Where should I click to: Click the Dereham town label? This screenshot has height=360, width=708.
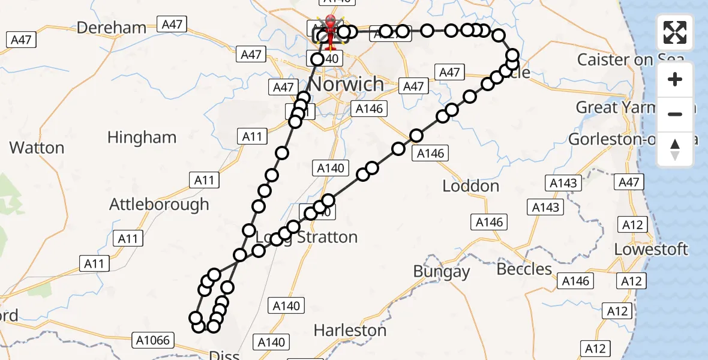pyautogui.click(x=112, y=28)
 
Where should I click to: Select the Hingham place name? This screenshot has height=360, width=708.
pyautogui.click(x=142, y=137)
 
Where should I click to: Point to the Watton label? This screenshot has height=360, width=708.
pyautogui.click(x=37, y=148)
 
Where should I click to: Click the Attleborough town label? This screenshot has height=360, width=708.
pyautogui.click(x=159, y=204)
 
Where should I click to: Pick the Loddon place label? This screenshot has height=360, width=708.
pyautogui.click(x=470, y=186)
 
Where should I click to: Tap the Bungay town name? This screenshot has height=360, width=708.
pyautogui.click(x=442, y=272)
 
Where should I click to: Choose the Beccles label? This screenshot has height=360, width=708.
pyautogui.click(x=524, y=269)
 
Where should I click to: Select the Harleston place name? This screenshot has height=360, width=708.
pyautogui.click(x=350, y=330)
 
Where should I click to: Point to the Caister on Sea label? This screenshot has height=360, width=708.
pyautogui.click(x=630, y=59)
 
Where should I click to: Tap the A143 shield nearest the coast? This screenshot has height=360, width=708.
pyautogui.click(x=563, y=183)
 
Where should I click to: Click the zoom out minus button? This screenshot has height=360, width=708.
pyautogui.click(x=675, y=114)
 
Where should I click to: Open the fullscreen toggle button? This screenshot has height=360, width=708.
pyautogui.click(x=675, y=32)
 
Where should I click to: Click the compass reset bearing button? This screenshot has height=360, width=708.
pyautogui.click(x=675, y=149)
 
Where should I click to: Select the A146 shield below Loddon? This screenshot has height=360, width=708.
pyautogui.click(x=489, y=223)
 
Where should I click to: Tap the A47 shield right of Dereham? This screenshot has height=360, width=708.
pyautogui.click(x=172, y=25)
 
